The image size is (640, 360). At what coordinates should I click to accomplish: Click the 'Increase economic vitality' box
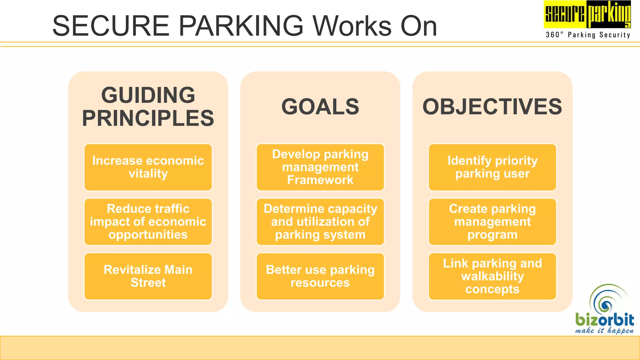point(148,167)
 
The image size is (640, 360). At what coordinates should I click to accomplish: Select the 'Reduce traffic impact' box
point(148,222)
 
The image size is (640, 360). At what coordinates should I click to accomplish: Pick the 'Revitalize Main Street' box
point(148,276)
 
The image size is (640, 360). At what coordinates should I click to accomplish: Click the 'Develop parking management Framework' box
point(320,167)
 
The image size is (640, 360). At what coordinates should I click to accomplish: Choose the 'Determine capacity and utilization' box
point(320,222)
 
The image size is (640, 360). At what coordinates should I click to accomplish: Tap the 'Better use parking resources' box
point(320,276)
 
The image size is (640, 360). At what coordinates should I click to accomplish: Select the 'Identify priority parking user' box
point(492,167)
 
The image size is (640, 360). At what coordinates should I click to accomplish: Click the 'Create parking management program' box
point(492,222)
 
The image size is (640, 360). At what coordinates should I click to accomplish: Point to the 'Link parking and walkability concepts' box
point(492,276)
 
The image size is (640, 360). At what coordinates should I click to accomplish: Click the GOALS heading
point(320,107)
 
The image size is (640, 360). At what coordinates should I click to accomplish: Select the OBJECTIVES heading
point(492,107)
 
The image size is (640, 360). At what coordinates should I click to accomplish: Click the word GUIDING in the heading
point(148,95)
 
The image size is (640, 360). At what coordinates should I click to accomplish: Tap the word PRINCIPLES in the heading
point(148,118)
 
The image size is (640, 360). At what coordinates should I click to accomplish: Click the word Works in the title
point(352,26)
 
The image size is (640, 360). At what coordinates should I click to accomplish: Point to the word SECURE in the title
point(111,26)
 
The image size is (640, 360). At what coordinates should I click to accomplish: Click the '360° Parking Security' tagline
point(588,35)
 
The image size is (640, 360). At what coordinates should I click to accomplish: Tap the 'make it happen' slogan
point(604,331)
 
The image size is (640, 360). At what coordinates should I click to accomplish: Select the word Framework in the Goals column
point(320,180)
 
